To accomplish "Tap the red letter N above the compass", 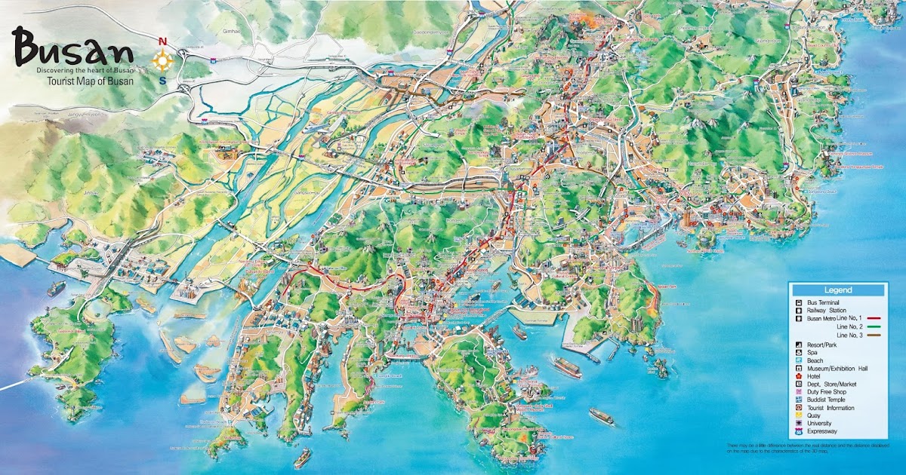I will tap(162, 41).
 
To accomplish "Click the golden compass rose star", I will tap(162, 61).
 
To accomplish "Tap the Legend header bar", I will tap(837, 290).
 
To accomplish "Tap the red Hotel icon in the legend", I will tap(799, 374).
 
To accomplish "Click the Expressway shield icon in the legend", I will tap(799, 431).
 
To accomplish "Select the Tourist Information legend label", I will tap(830, 408).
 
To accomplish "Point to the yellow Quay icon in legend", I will tap(799, 415).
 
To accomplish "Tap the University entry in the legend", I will tap(819, 424).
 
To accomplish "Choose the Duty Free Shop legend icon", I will tap(799, 391).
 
